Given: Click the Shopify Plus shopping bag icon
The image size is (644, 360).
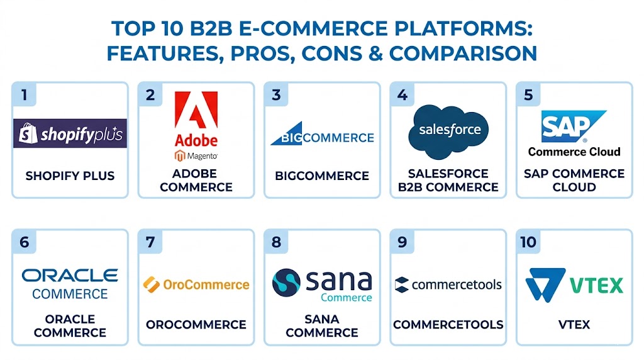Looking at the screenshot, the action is tap(28, 133).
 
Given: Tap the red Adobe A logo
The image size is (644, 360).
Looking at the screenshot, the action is tap(196, 110).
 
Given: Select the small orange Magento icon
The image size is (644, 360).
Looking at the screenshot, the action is tap(179, 155).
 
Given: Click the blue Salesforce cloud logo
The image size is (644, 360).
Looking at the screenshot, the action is tap(448, 132).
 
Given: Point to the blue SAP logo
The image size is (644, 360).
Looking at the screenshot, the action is tap(574, 126).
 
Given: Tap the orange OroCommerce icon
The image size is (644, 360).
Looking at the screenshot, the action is tap(151, 284).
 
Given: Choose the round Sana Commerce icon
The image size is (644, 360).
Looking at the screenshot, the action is tap(286, 283).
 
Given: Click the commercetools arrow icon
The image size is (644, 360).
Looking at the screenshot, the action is tap(401, 285).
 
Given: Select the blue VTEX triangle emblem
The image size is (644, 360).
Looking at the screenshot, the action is tap(545, 284).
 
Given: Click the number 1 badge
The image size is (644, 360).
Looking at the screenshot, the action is tap(25, 95).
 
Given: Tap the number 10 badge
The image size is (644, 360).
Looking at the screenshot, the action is tap(528, 242).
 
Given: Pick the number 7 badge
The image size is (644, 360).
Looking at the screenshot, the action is tap(150, 242).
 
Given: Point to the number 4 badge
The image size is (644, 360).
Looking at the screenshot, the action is tap(402, 95).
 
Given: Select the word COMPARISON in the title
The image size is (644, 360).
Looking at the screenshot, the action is tap(463, 53).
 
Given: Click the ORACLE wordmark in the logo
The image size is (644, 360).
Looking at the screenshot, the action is tap(70, 275).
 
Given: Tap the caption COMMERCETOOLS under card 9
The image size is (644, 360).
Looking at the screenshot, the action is tap(448, 325).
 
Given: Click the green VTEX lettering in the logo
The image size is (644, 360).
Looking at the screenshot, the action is tap(596, 285).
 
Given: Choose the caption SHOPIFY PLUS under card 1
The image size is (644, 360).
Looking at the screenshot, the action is tap(70, 176).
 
